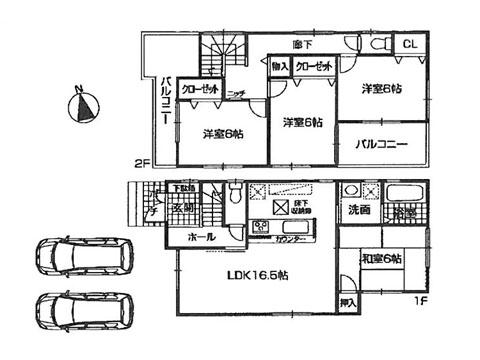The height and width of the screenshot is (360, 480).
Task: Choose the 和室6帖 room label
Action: pos(382,259)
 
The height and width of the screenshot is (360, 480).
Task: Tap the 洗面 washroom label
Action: pos(359,211)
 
